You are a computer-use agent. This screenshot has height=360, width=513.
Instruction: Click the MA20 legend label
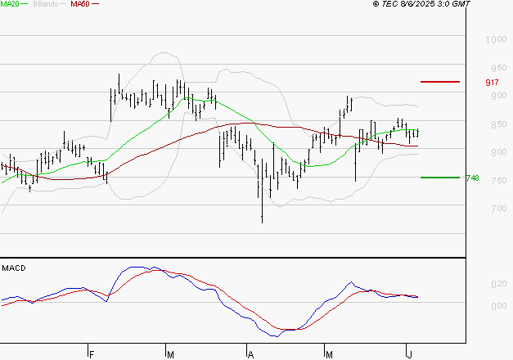click(x=10, y=4)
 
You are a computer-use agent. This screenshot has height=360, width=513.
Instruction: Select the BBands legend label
click(x=44, y=4)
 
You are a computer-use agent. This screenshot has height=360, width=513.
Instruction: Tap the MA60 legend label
click(x=80, y=4)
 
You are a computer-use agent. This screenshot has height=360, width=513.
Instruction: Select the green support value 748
click(x=472, y=178)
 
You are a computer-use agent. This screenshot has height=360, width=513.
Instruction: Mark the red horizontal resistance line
click(x=440, y=82)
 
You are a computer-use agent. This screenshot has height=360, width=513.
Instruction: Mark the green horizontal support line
click(x=440, y=178)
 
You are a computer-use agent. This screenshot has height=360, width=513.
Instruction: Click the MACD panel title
click(x=14, y=268)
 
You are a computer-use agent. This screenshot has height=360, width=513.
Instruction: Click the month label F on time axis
click(x=92, y=354)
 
